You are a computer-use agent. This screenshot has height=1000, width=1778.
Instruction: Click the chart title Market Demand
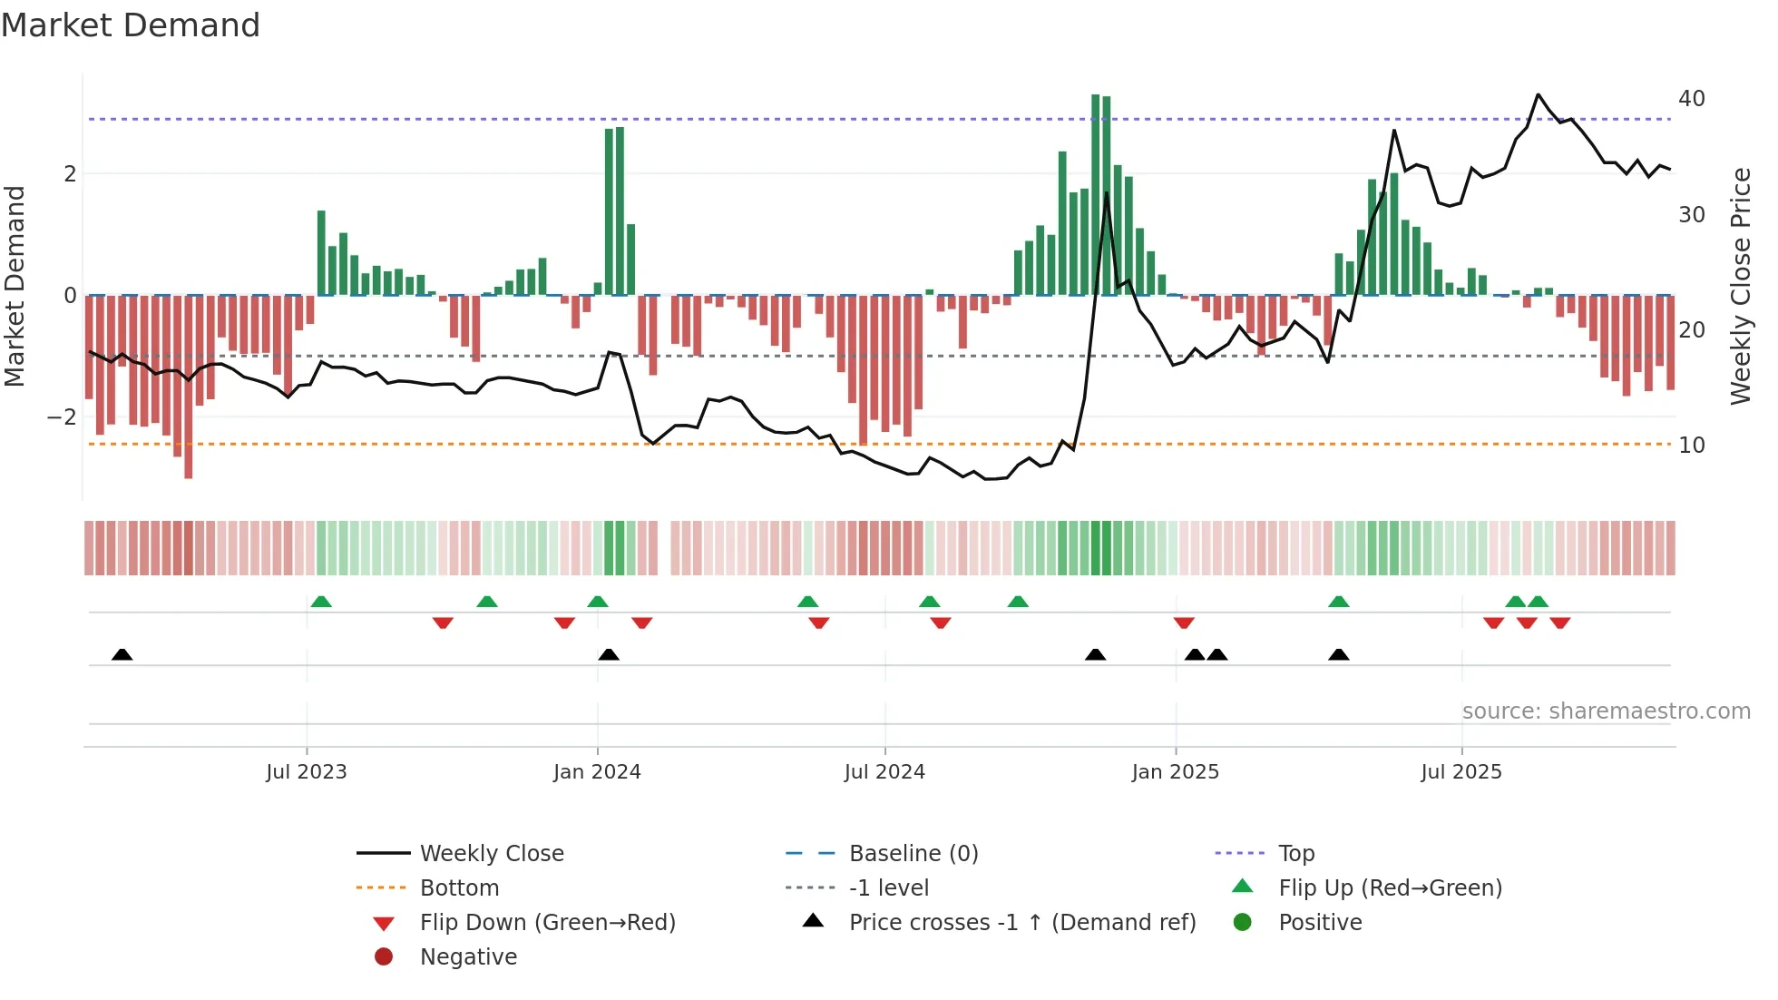point(131,25)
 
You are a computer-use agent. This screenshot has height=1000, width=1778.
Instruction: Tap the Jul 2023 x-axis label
point(307,772)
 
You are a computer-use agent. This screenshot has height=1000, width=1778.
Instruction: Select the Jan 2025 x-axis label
point(1176,772)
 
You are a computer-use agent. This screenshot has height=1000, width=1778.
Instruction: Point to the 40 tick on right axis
point(1691,99)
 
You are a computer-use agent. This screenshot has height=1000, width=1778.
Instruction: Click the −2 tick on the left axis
point(63,417)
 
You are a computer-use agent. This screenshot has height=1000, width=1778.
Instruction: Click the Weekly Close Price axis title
point(1740,286)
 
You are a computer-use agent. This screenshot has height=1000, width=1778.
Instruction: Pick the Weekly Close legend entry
point(491,854)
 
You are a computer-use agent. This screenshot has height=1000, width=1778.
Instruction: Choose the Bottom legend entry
point(459,888)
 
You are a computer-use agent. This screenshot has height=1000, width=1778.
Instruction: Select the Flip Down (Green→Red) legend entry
point(547,923)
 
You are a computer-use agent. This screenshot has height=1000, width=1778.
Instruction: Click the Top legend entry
point(1296,854)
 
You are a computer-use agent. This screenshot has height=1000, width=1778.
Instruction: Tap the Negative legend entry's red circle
point(384,957)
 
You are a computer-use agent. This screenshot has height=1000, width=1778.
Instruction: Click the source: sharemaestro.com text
point(1606,711)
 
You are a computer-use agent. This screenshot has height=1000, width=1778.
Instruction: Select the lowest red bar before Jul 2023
point(189,386)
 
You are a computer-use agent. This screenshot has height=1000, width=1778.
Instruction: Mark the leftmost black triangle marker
point(122,654)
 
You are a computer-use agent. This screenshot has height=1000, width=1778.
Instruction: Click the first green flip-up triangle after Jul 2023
point(321,602)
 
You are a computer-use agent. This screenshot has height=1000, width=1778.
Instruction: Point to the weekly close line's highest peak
point(1539,94)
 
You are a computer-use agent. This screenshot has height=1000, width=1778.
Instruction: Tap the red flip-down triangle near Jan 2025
point(1184,623)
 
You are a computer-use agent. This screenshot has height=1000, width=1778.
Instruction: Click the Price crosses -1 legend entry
point(1021,923)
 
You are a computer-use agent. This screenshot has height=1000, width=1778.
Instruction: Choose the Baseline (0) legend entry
point(913,854)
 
